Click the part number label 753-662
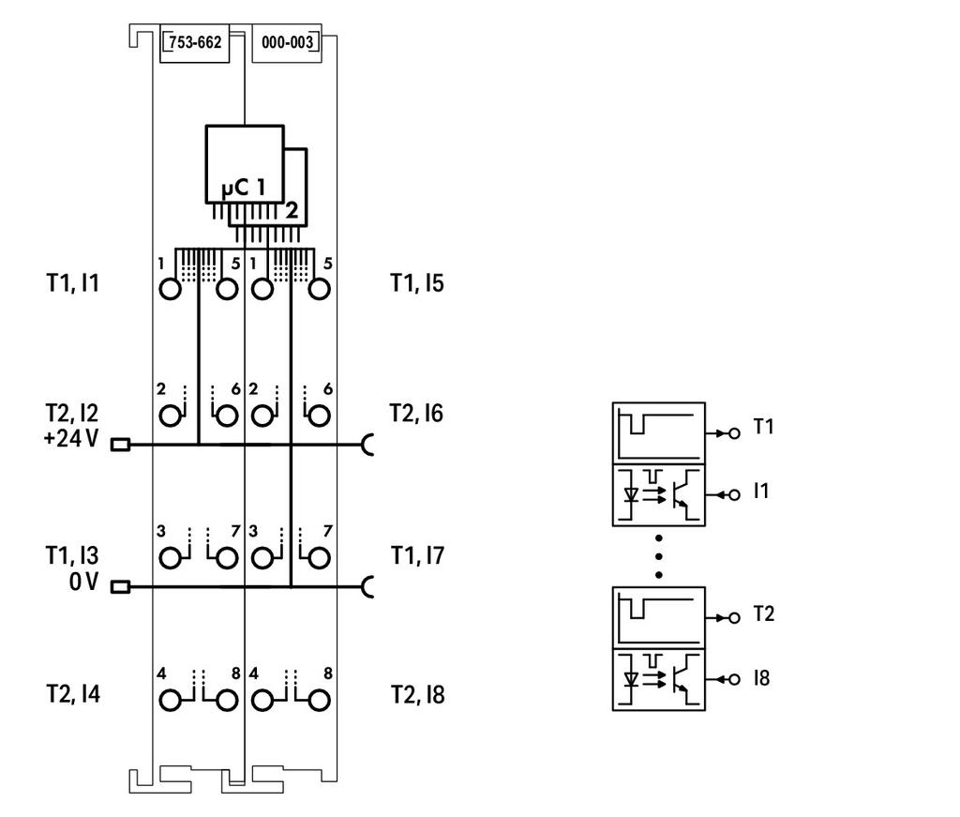[195, 42]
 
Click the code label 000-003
[287, 42]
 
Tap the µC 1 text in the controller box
[244, 188]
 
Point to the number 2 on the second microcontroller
[292, 210]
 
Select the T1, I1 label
[73, 283]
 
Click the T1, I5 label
[417, 283]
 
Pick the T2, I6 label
[416, 414]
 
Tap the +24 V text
[71, 438]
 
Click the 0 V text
[83, 582]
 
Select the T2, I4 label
[73, 694]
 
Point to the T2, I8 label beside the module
[417, 695]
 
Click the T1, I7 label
[417, 555]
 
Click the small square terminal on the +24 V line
[120, 445]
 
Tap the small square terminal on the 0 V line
[120, 587]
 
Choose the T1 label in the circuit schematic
[763, 426]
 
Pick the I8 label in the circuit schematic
[761, 678]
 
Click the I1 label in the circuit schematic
[761, 491]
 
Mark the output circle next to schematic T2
[734, 618]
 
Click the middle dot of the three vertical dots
[659, 557]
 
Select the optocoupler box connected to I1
[659, 495]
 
